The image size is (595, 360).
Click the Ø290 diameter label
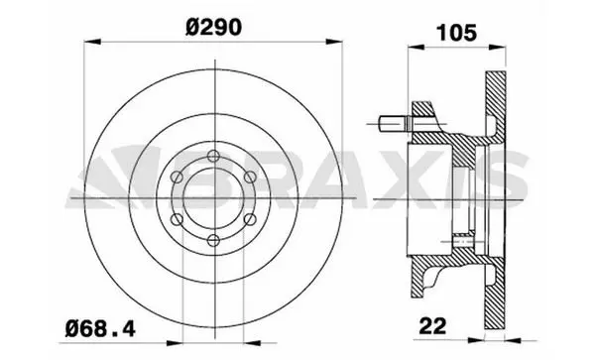(x=213, y=28)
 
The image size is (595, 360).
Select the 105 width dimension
(x=456, y=33)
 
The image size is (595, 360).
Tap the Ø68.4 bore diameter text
(x=100, y=328)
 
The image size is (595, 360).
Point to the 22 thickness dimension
(x=433, y=325)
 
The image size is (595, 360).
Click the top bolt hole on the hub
(x=214, y=156)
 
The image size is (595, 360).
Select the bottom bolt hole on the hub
(x=214, y=241)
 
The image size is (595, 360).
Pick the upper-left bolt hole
(x=177, y=177)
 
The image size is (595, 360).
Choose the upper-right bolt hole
(x=251, y=177)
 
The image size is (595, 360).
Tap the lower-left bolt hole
(x=177, y=219)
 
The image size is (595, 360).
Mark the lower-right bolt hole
(x=251, y=219)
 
